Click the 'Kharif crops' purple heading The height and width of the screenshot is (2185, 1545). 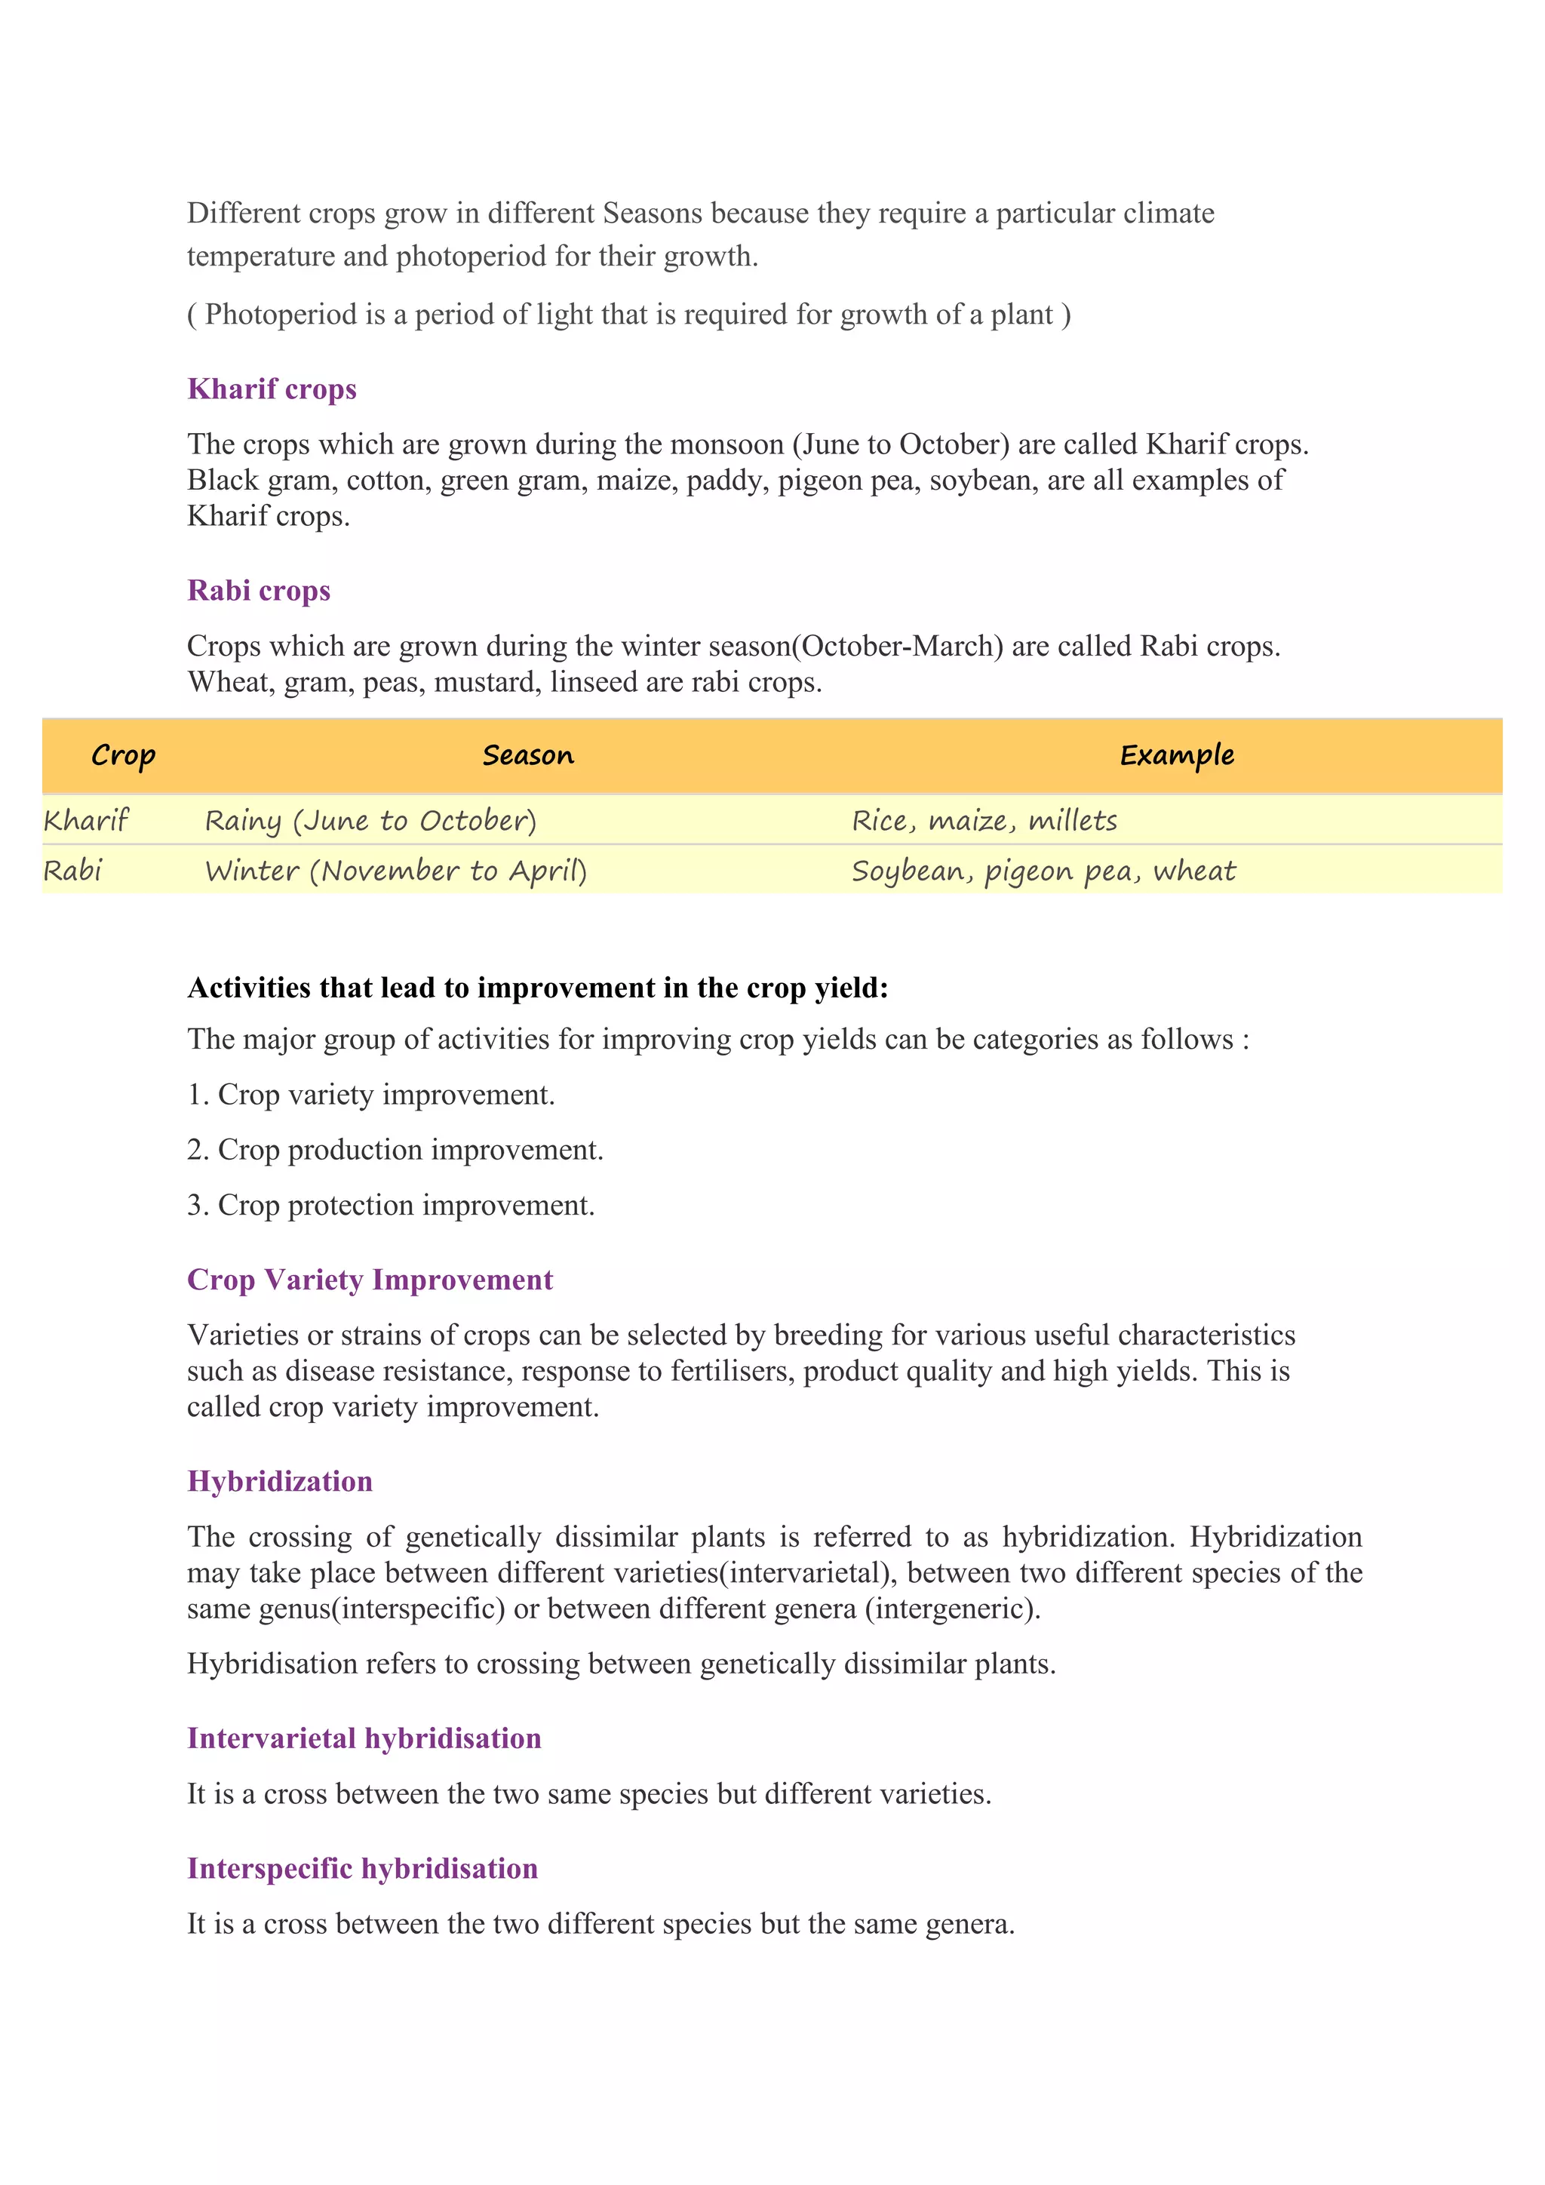272,389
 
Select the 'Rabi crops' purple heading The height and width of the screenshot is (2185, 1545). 259,591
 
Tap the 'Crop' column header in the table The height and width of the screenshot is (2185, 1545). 123,755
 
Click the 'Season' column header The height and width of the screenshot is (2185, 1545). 528,755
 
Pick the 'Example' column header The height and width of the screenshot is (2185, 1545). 1177,755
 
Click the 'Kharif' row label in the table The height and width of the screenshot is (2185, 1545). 85,820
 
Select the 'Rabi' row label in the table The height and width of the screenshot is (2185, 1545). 73,871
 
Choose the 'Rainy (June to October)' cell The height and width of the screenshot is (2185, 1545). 371,820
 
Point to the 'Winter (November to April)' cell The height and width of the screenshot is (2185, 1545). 396,871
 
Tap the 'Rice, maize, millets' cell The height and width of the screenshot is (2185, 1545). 984,820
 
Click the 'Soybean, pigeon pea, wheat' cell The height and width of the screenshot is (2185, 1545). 1043,871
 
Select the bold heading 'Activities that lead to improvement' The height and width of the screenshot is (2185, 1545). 538,988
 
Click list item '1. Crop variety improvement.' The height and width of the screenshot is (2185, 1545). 371,1096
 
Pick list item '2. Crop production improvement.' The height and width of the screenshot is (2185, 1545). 395,1151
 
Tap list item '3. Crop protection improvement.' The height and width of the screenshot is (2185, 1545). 391,1206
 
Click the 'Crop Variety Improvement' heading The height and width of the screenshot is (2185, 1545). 370,1280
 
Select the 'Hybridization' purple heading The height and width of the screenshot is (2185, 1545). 280,1482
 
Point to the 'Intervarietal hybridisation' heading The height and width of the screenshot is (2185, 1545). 364,1738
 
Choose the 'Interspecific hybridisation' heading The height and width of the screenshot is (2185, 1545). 362,1869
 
